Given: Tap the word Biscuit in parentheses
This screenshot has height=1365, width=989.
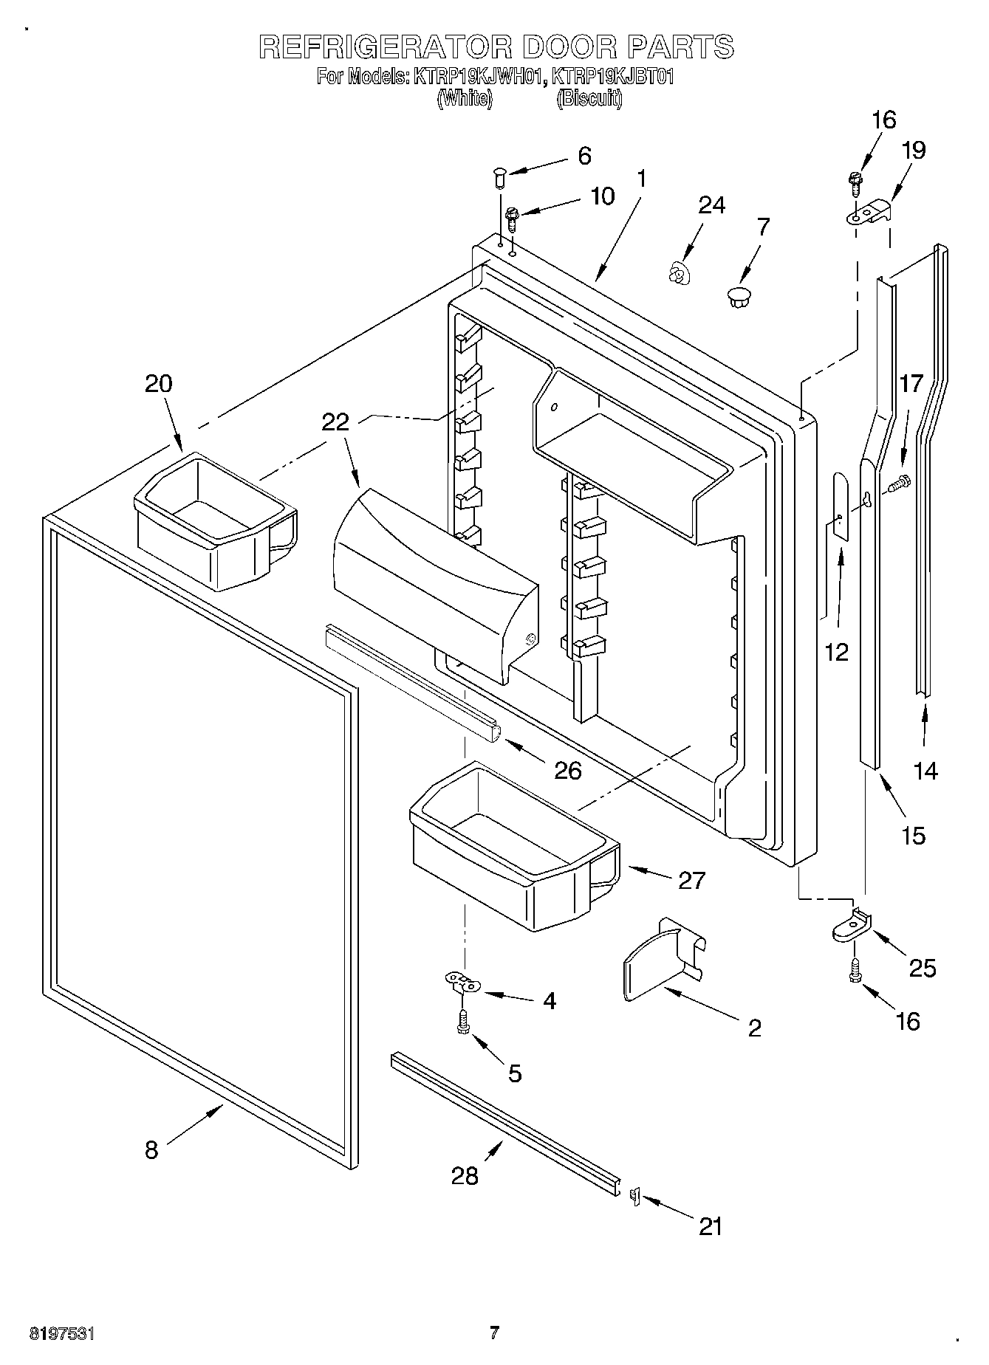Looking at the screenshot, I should (x=589, y=98).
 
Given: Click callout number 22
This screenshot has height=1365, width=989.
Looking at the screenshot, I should (x=335, y=422).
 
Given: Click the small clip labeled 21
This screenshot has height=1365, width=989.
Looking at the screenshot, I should (x=634, y=1196).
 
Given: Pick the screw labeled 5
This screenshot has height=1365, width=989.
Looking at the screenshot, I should (x=463, y=1023).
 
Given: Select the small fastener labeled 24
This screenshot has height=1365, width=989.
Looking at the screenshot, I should (x=675, y=275).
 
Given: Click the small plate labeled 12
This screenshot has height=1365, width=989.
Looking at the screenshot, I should (x=839, y=505).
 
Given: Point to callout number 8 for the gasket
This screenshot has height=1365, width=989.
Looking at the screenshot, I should (x=151, y=1149).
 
